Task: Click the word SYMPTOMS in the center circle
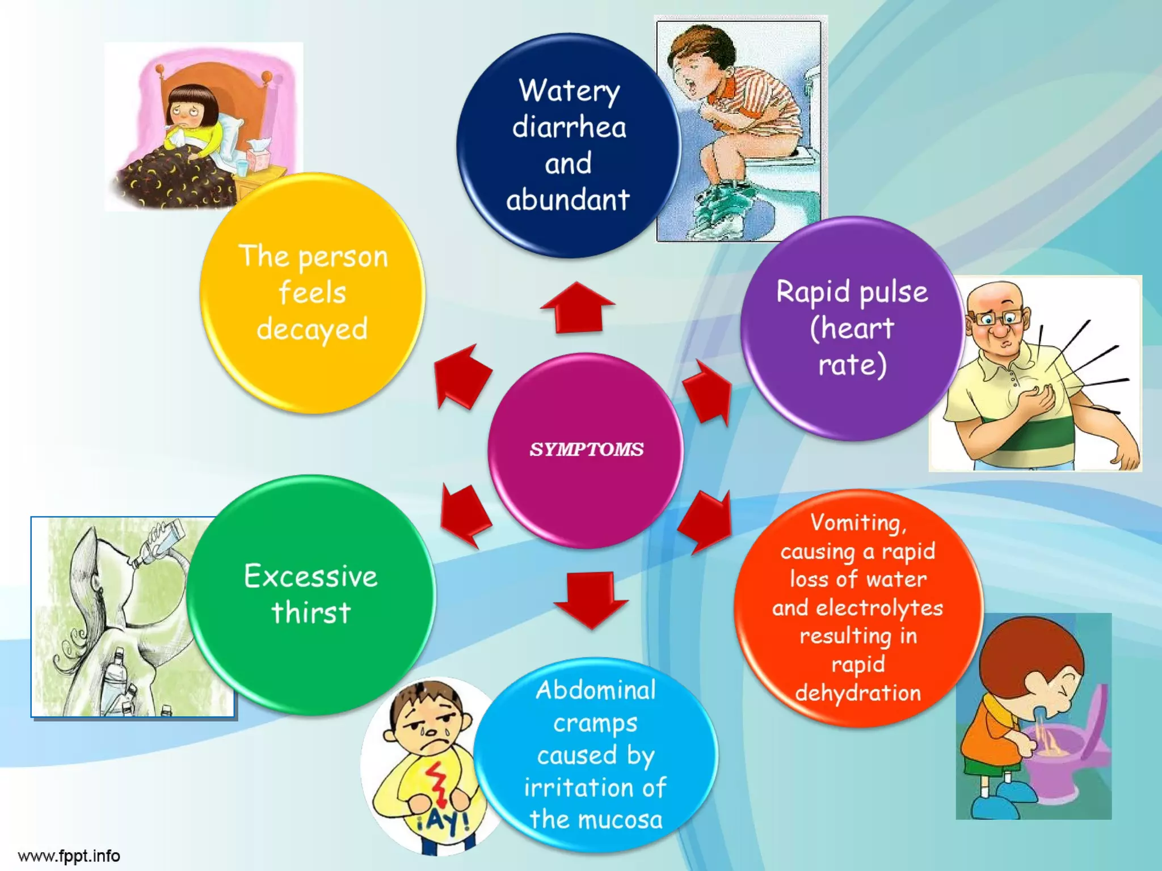pyautogui.click(x=586, y=449)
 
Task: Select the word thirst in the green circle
pyautogui.click(x=311, y=613)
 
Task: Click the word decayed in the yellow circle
pyautogui.click(x=312, y=329)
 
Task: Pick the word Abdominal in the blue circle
pyautogui.click(x=596, y=690)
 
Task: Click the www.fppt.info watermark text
pyautogui.click(x=69, y=856)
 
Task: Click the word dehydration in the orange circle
pyautogui.click(x=858, y=693)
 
